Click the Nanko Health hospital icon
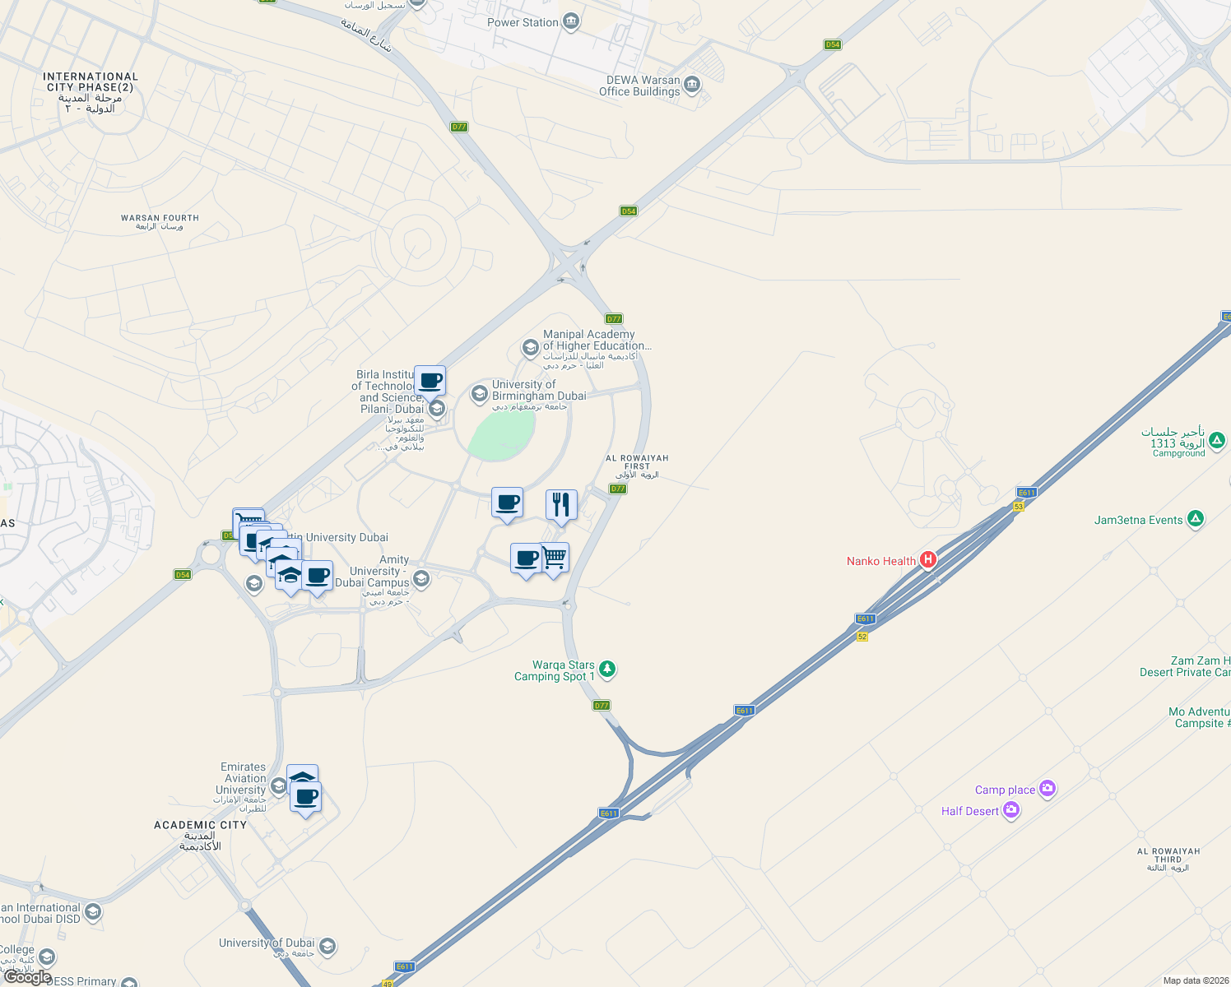point(928,560)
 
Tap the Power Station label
point(523,22)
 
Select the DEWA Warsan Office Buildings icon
point(692,85)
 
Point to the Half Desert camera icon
point(1011,810)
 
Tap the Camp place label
point(1005,790)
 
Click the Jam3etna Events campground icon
point(1196,519)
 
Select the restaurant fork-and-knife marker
point(561,504)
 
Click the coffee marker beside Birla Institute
point(430,381)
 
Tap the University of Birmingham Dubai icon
point(479,394)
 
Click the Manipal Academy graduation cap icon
point(531,348)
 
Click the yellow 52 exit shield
point(862,637)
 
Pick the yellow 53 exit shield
point(1019,507)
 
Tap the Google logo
point(27,977)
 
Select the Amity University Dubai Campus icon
point(421,579)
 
